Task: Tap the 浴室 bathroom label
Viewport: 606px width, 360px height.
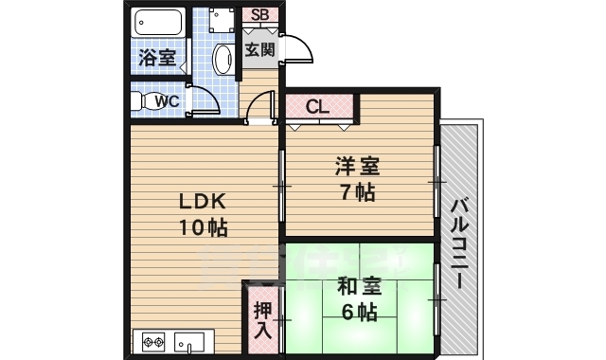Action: point(156,57)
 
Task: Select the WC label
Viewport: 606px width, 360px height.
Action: point(167,100)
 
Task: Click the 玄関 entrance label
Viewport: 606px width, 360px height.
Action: point(259,50)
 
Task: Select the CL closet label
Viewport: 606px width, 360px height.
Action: point(316,106)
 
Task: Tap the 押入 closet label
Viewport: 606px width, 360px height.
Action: point(262,321)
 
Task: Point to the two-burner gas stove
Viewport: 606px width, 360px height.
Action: point(153,342)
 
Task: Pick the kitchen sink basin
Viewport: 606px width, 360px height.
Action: point(195,342)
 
